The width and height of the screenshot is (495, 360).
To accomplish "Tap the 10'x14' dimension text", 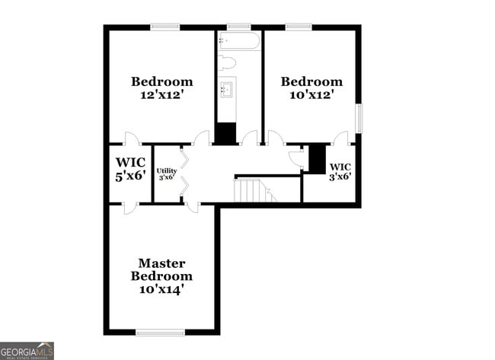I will pyautogui.click(x=161, y=290).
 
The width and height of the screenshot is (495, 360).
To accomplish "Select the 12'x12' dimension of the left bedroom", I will pyautogui.click(x=161, y=96).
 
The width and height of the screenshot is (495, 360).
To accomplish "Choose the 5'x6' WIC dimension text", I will pyautogui.click(x=129, y=176).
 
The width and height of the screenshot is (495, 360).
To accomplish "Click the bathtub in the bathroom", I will pyautogui.click(x=239, y=40).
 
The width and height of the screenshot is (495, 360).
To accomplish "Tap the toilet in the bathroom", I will pyautogui.click(x=228, y=62).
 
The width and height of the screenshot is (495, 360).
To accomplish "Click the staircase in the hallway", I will pyautogui.click(x=252, y=190).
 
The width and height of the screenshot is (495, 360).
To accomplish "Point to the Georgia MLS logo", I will pyautogui.click(x=27, y=351).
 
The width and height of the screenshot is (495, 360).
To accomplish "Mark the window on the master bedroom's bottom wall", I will pyautogui.click(x=160, y=332).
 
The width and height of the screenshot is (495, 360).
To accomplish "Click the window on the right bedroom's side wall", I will pyautogui.click(x=359, y=118).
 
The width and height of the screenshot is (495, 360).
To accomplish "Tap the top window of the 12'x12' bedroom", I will pyautogui.click(x=164, y=27).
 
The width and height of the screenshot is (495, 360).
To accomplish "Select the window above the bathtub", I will pyautogui.click(x=239, y=27).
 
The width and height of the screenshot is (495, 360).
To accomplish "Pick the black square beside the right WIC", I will pyautogui.click(x=317, y=158).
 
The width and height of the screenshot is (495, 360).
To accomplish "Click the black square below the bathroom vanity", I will pyautogui.click(x=225, y=133).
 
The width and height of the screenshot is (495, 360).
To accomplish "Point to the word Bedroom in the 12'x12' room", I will pyautogui.click(x=161, y=81).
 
